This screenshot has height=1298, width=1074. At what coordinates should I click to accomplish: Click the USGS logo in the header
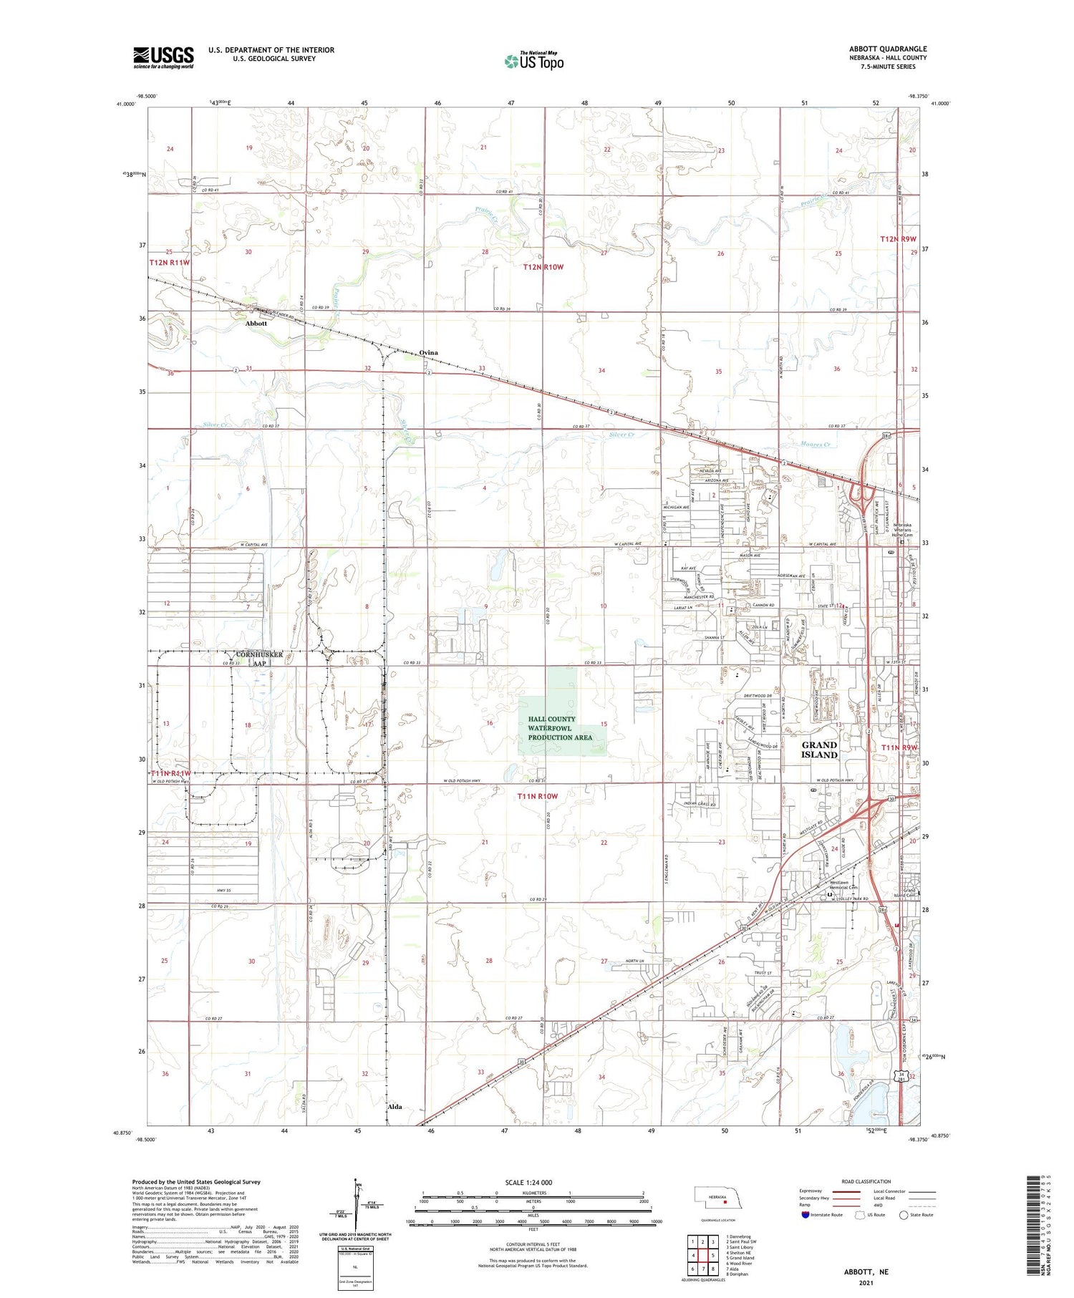[x=163, y=57]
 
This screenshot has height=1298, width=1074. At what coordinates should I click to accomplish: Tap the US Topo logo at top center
[x=533, y=61]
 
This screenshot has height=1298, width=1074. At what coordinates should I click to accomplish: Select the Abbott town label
[x=256, y=324]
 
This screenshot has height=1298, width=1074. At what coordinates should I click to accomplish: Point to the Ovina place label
[x=428, y=353]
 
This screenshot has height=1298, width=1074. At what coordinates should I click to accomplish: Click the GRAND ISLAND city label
[x=819, y=750]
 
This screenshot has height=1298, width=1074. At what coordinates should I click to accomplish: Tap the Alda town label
[x=394, y=1106]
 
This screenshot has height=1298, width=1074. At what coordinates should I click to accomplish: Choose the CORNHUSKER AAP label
[x=258, y=659]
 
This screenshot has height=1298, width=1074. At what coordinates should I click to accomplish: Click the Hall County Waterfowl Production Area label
[x=561, y=728]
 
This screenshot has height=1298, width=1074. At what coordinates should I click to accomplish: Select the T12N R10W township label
[x=543, y=267]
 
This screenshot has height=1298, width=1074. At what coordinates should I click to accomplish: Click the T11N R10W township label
[x=537, y=796]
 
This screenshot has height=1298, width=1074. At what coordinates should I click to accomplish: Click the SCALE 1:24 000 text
[x=528, y=1182]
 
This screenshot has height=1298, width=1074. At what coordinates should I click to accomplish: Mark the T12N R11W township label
[x=170, y=263]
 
